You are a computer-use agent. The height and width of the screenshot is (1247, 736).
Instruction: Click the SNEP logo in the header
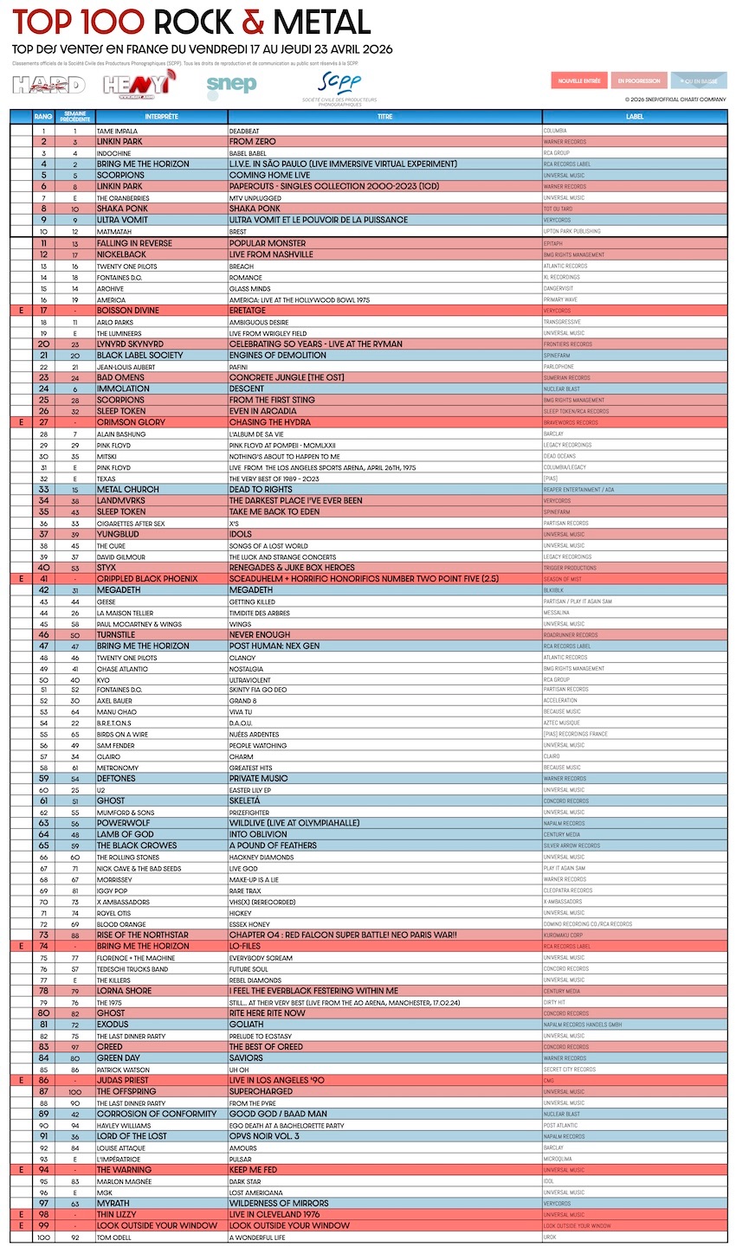pyautogui.click(x=231, y=84)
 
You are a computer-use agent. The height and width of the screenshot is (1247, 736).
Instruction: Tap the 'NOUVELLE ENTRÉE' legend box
pyautogui.click(x=579, y=80)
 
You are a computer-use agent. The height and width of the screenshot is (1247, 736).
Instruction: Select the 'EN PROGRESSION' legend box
pyautogui.click(x=638, y=80)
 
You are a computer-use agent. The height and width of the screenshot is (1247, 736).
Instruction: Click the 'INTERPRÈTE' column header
pyautogui.click(x=162, y=116)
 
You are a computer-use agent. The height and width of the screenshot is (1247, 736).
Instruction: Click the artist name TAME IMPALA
pyautogui.click(x=116, y=131)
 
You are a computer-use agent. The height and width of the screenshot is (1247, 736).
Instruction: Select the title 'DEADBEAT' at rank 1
pyautogui.click(x=244, y=131)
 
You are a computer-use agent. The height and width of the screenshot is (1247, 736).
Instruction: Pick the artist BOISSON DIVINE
pyautogui.click(x=128, y=310)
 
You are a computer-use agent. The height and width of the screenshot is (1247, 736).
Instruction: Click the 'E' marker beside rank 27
pyautogui.click(x=19, y=422)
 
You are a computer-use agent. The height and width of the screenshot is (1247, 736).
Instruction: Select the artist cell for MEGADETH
pyautogui.click(x=118, y=590)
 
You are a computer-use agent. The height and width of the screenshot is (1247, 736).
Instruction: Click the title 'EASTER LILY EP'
pyautogui.click(x=253, y=790)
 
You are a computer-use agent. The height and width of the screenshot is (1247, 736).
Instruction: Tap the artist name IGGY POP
pyautogui.click(x=112, y=890)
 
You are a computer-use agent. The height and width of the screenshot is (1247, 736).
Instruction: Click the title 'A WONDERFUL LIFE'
pyautogui.click(x=257, y=1237)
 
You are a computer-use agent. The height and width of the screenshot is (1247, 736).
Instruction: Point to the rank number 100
pyautogui.click(x=42, y=1237)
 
